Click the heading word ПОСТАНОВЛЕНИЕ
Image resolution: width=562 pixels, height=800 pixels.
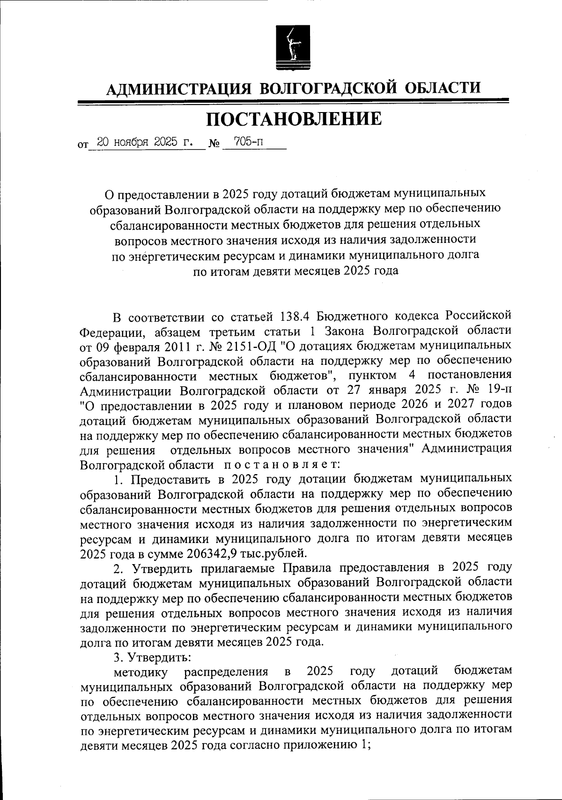294,119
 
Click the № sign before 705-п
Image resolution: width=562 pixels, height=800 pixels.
214,143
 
